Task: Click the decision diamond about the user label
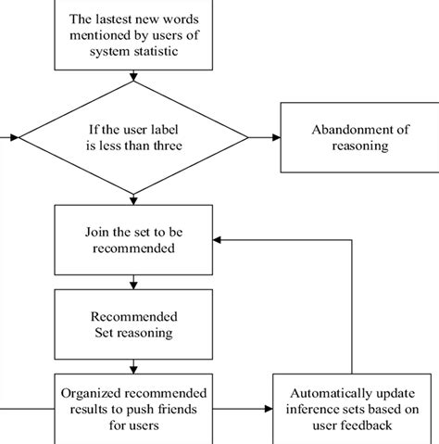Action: pos(133,137)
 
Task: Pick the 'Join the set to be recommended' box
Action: pos(133,239)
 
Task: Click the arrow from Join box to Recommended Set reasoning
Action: pos(133,280)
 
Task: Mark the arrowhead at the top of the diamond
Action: pos(133,79)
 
